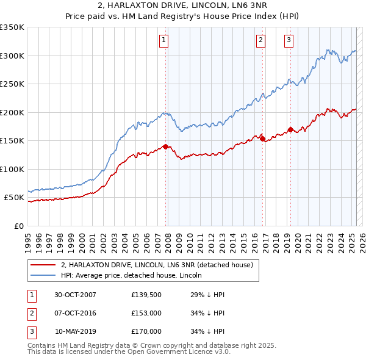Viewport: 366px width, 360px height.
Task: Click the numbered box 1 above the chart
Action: click(x=164, y=41)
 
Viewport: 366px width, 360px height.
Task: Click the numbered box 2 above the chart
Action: click(x=260, y=41)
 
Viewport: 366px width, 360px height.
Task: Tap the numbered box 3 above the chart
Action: click(x=289, y=41)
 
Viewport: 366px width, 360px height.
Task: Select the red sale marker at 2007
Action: click(x=165, y=146)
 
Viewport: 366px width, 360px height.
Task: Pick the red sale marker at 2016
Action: click(x=262, y=139)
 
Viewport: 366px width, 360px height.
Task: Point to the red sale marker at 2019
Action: click(x=290, y=129)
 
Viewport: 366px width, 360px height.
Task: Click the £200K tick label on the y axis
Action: click(x=12, y=112)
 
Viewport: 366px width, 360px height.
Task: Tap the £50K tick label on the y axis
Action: click(x=14, y=198)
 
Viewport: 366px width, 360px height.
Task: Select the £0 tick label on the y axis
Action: click(x=19, y=226)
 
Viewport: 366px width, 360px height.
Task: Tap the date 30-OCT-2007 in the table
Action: click(x=75, y=295)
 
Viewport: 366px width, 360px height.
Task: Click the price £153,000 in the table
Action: click(x=146, y=313)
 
